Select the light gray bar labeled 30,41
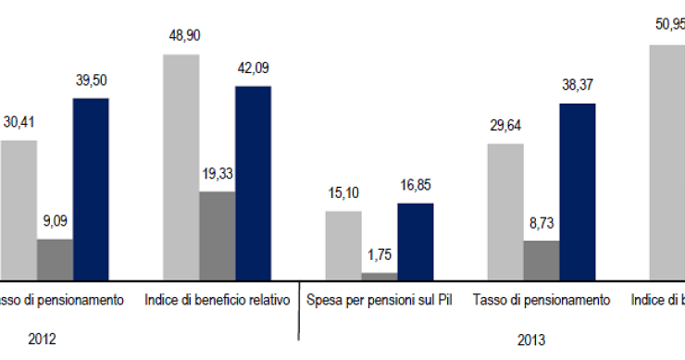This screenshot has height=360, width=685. [x=19, y=209]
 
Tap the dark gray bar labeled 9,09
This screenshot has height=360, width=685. [x=55, y=259]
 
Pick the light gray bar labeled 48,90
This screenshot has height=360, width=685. [x=181, y=167]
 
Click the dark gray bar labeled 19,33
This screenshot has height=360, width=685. [x=217, y=235]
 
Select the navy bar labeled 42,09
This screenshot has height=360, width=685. [x=253, y=182]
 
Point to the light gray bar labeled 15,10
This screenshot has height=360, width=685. [x=343, y=244]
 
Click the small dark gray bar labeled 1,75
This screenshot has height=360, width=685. [x=380, y=276]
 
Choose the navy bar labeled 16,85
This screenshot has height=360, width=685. [x=416, y=241]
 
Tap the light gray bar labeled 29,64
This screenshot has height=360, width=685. [x=505, y=211]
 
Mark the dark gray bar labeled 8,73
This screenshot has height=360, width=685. [x=542, y=260]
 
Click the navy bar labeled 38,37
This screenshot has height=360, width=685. [x=578, y=191]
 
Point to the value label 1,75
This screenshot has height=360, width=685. [x=380, y=254]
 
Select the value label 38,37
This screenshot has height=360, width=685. [x=578, y=84]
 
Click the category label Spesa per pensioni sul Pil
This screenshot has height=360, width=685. [x=380, y=301]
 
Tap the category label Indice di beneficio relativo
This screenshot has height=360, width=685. [x=218, y=301]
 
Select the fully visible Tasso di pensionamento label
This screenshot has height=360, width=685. [x=542, y=301]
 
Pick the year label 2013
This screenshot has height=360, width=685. [x=529, y=339]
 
